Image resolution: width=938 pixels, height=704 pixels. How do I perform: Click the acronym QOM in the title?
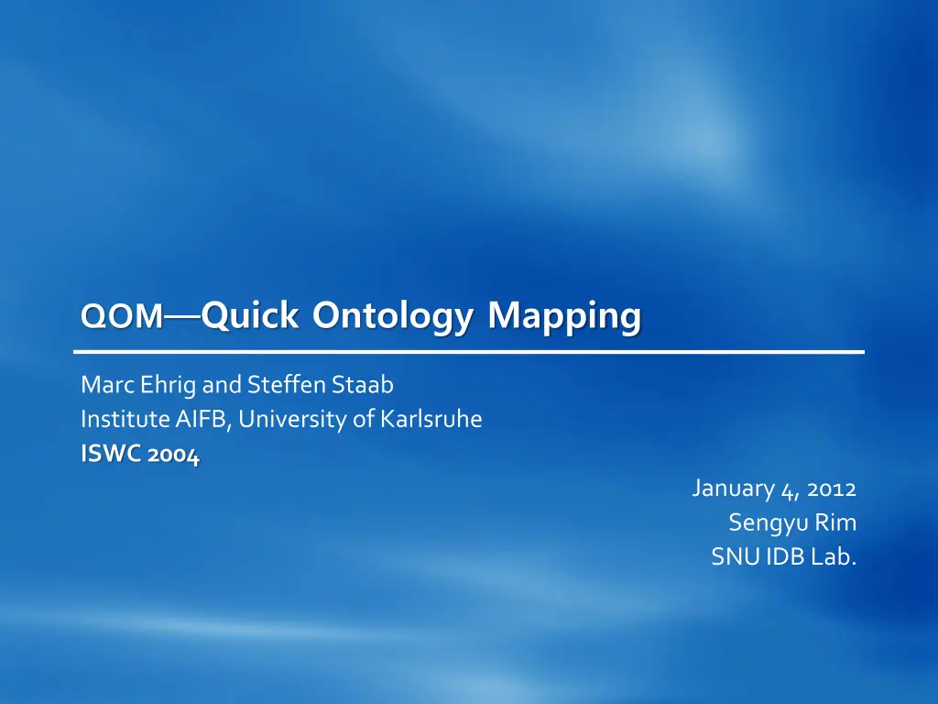[x=122, y=315]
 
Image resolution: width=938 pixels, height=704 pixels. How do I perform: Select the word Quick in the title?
[x=250, y=314]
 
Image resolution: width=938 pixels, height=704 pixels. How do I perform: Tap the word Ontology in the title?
[x=392, y=315]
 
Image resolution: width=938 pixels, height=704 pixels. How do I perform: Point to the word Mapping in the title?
[x=564, y=315]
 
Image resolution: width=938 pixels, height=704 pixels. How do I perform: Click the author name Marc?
[x=108, y=384]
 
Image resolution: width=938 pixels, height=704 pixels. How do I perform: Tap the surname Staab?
[x=363, y=384]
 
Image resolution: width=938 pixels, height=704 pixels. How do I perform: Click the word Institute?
[x=125, y=419]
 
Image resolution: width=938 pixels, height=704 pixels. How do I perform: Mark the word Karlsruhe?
[x=431, y=419]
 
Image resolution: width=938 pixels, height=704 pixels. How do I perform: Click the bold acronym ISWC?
[x=111, y=454]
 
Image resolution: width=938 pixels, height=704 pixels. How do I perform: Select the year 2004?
[x=173, y=455]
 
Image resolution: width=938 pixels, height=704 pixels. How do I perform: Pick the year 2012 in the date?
[x=832, y=489]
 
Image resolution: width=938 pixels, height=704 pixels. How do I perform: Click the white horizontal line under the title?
[x=469, y=352]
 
